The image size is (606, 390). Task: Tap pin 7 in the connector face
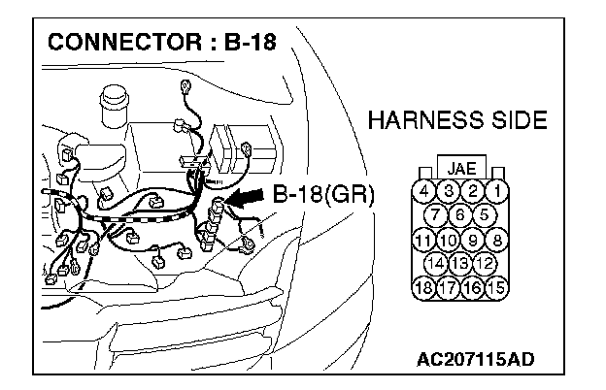point(437,214)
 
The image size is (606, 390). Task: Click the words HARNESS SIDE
point(458,121)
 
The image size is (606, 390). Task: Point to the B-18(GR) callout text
point(323,194)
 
